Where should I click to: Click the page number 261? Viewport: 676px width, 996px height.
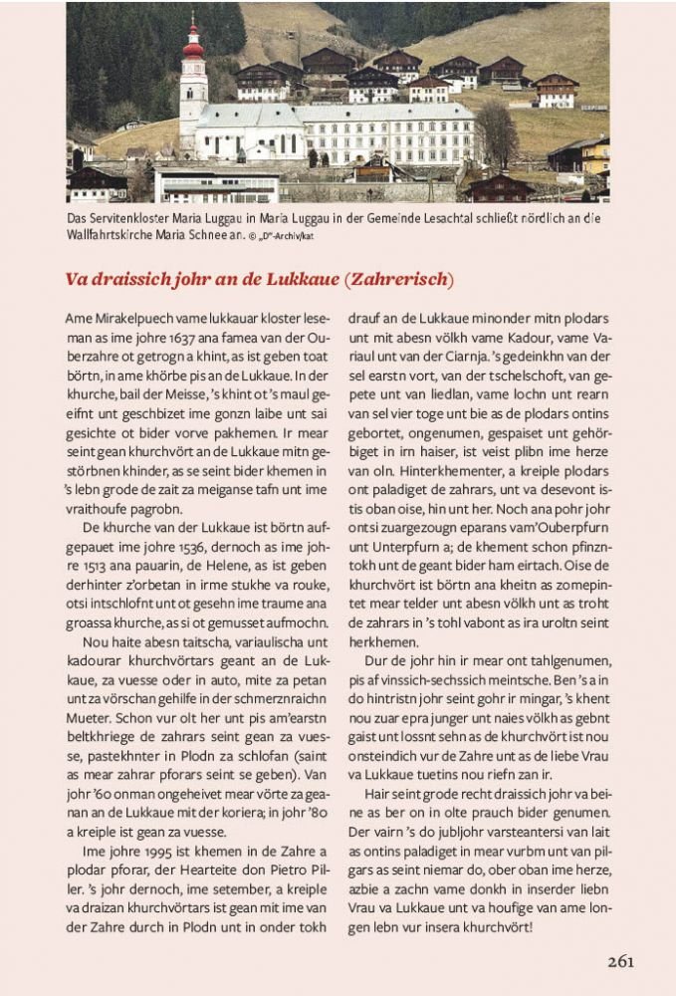tap(619, 961)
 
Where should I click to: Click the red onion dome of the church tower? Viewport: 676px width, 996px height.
tap(192, 44)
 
